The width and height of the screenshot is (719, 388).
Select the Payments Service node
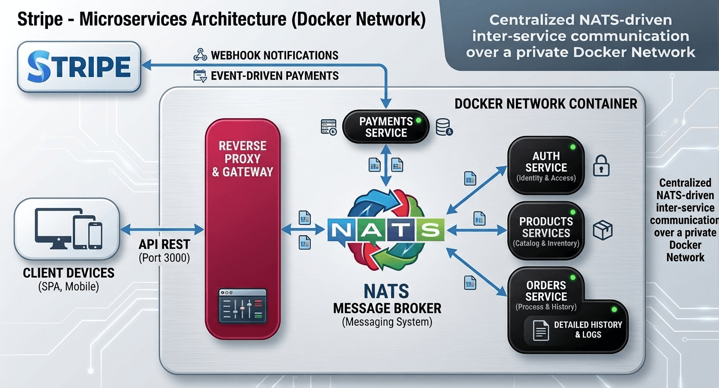click(386, 127)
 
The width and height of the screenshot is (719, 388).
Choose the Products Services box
click(546, 230)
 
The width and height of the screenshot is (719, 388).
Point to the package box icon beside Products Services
click(602, 230)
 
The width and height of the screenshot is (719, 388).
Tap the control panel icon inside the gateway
click(242, 306)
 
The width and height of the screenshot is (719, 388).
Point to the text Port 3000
click(164, 257)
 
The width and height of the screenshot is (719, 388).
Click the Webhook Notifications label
click(275, 55)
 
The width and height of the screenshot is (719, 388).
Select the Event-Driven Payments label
click(275, 76)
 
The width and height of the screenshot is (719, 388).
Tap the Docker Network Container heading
click(546, 104)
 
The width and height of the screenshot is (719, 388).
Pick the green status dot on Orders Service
click(572, 278)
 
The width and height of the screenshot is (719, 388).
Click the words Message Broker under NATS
click(387, 309)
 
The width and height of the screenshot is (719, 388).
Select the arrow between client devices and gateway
click(162, 228)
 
